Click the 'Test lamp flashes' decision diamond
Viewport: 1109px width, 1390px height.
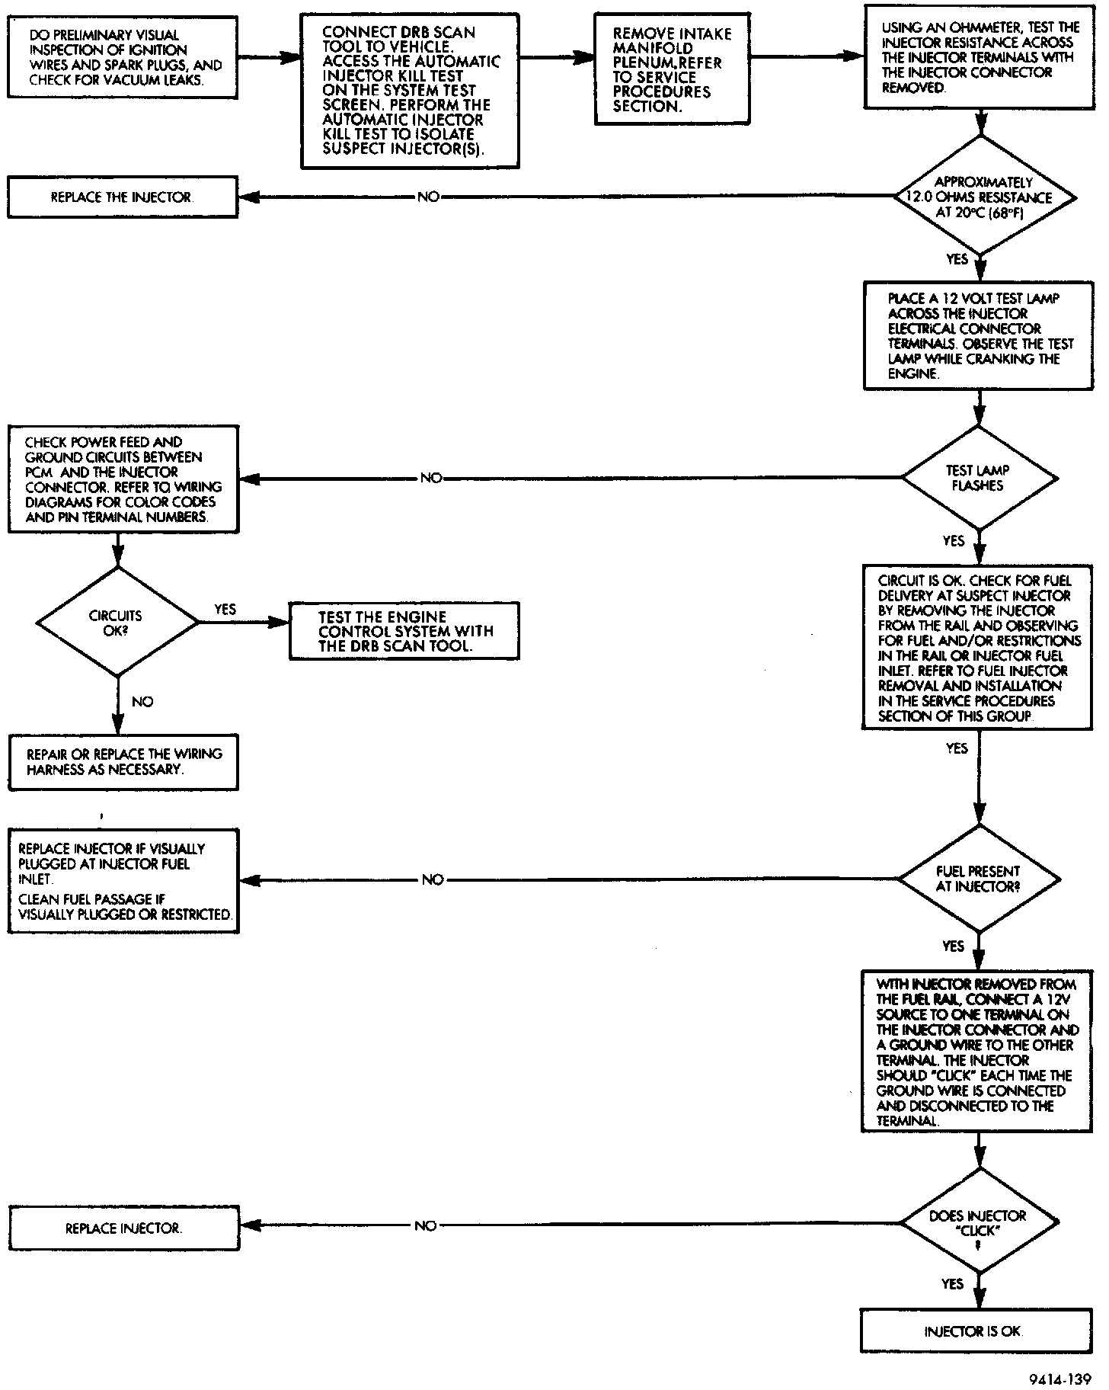click(979, 479)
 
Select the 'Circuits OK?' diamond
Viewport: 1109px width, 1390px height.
click(117, 622)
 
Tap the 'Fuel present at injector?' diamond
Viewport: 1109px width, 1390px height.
click(979, 879)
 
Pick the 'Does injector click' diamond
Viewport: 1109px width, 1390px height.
click(979, 1223)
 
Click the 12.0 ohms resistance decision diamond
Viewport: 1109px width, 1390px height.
click(984, 197)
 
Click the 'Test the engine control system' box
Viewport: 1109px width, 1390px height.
click(404, 631)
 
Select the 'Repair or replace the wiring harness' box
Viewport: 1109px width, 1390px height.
click(123, 761)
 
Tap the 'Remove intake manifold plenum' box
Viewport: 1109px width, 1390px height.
click(671, 69)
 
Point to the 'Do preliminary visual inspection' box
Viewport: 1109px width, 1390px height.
click(123, 57)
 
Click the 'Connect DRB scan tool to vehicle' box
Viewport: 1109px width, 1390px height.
click(410, 90)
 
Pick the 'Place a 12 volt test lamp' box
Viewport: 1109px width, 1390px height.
click(978, 336)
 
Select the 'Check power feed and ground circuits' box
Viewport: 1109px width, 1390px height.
click(123, 479)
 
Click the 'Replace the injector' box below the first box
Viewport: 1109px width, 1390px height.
click(123, 197)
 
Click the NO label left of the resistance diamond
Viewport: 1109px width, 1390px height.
click(428, 197)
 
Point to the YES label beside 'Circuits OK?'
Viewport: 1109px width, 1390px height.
click(225, 610)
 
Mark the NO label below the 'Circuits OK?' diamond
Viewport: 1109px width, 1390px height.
click(142, 701)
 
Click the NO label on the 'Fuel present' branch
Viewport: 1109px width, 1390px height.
click(432, 879)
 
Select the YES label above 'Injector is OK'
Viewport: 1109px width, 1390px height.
click(953, 1285)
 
